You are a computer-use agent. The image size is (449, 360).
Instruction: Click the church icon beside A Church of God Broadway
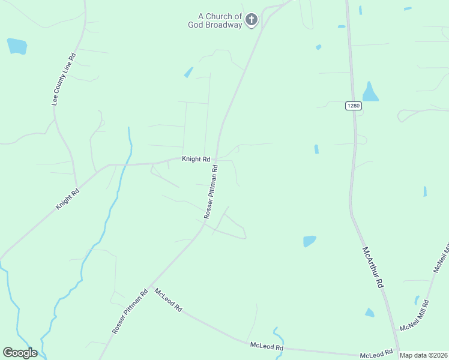tap(252, 20)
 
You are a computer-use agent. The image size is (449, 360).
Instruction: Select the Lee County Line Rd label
tap(64, 80)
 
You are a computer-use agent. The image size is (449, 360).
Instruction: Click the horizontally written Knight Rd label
tap(196, 159)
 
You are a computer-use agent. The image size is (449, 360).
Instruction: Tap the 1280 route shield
tap(354, 106)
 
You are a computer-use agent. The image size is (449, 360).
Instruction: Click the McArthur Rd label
tap(372, 268)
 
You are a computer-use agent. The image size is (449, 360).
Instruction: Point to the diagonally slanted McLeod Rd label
tap(169, 299)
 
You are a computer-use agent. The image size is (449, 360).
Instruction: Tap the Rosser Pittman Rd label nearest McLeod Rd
tap(130, 312)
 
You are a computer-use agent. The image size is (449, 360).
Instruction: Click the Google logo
tap(20, 353)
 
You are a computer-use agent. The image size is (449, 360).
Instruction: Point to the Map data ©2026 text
tap(424, 355)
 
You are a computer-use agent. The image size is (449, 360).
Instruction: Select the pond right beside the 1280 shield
tap(370, 92)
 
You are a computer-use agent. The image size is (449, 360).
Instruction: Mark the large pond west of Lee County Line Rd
tap(17, 46)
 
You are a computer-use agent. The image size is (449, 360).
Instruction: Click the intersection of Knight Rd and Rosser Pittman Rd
tap(215, 160)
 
